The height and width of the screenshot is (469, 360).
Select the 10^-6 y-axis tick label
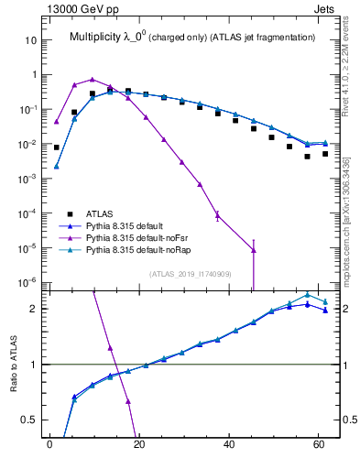[27, 282]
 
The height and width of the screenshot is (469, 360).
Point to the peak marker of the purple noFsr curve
[93, 80]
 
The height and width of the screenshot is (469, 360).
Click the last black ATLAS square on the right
[325, 154]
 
